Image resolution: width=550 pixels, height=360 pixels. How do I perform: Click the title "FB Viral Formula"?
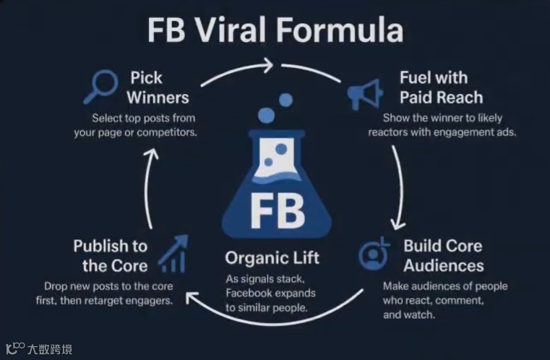(x=275, y=33)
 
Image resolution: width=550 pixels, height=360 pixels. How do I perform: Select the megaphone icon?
(x=366, y=93)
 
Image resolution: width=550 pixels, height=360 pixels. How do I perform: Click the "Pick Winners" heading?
(x=159, y=87)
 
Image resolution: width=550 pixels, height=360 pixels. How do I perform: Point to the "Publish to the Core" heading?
(x=110, y=254)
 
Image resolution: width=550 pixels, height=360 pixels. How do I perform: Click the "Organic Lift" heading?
(x=272, y=258)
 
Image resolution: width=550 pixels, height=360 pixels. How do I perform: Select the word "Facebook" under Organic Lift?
(x=251, y=293)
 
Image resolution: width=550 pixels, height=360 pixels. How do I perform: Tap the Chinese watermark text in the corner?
(x=48, y=350)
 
